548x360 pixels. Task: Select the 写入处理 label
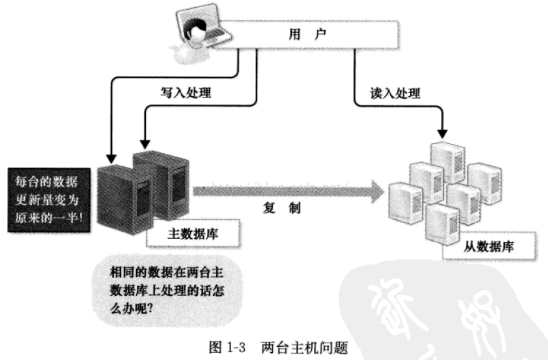click(186, 93)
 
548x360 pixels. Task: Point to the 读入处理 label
click(395, 93)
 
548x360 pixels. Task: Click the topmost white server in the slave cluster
click(447, 158)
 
